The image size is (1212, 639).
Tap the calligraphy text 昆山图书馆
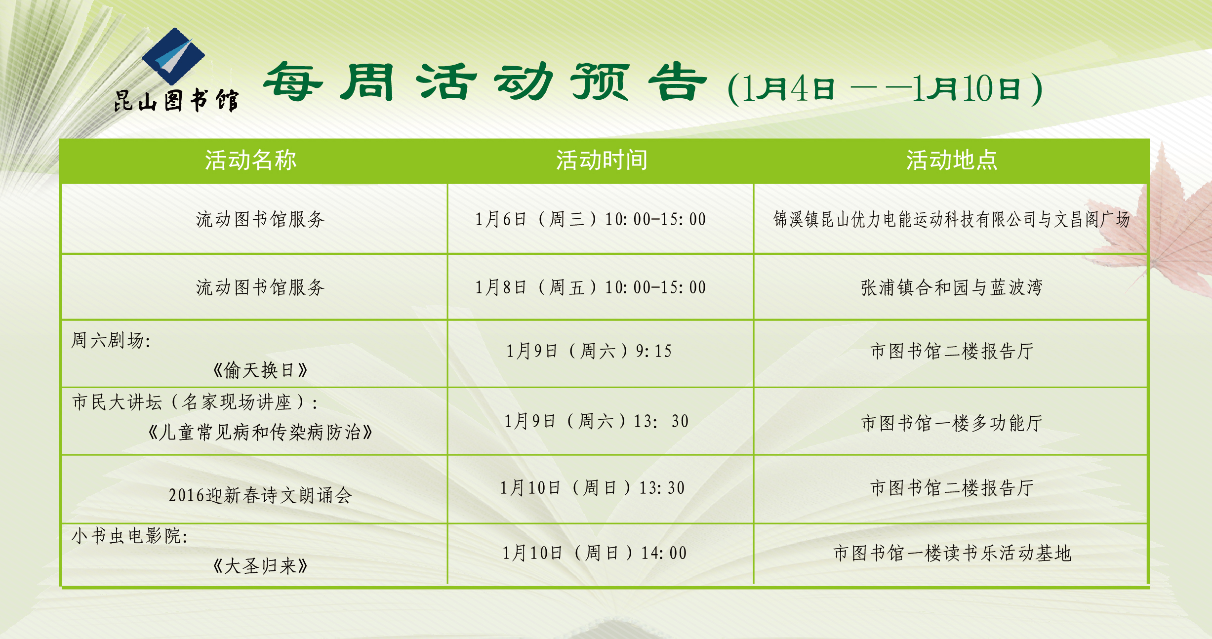click(176, 100)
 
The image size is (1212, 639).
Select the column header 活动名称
click(251, 160)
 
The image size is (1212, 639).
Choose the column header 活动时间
click(602, 160)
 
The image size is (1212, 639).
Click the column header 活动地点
click(952, 160)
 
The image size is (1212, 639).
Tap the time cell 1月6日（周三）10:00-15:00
click(591, 219)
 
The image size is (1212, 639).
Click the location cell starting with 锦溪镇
click(952, 219)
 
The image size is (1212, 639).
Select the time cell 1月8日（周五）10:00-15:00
click(591, 287)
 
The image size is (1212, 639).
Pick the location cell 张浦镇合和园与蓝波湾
click(952, 287)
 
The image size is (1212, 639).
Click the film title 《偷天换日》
click(260, 370)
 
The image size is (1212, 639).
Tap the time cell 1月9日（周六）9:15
click(589, 351)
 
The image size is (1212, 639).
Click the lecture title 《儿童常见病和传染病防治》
click(260, 432)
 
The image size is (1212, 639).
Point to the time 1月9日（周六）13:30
click(596, 421)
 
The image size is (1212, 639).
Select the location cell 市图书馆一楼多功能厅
click(952, 423)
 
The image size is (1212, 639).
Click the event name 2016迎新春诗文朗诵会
click(260, 495)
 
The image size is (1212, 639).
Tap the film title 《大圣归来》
click(260, 566)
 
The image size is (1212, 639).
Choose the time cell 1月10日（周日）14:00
click(595, 553)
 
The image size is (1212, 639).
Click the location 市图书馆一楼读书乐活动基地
click(952, 553)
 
